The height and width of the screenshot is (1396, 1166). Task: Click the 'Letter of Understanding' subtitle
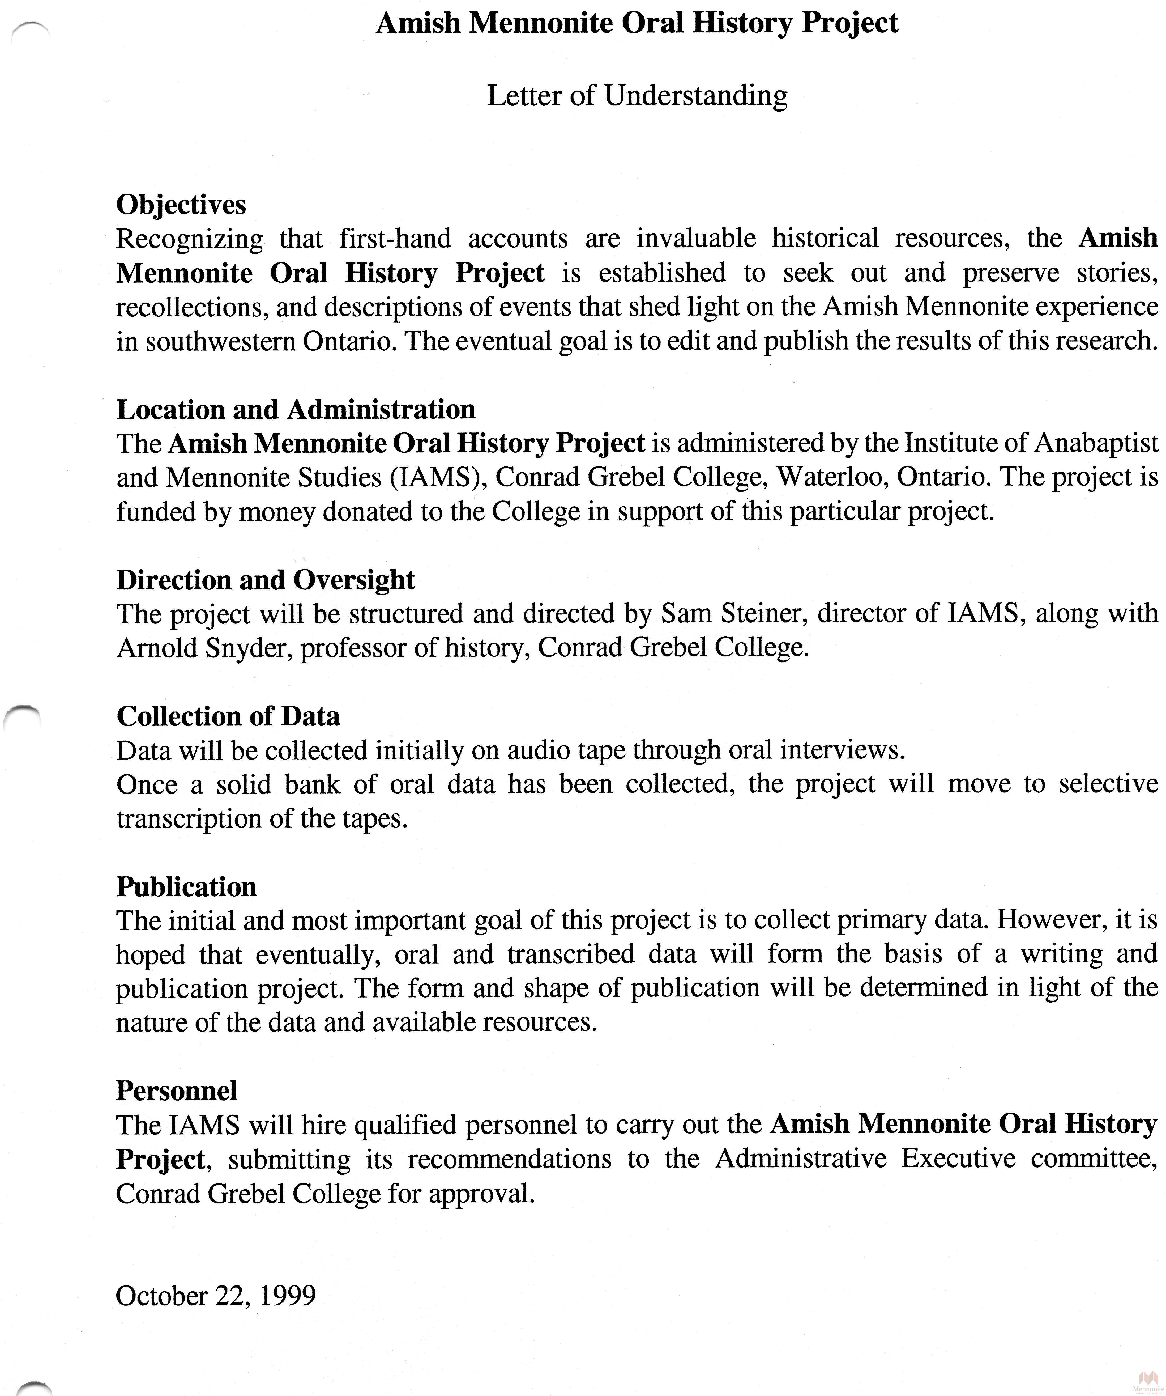tap(637, 96)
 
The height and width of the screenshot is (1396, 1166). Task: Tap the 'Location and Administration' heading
tap(296, 409)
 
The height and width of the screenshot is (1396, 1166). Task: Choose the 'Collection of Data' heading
tap(228, 716)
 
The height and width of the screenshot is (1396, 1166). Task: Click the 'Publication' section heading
tap(186, 887)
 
